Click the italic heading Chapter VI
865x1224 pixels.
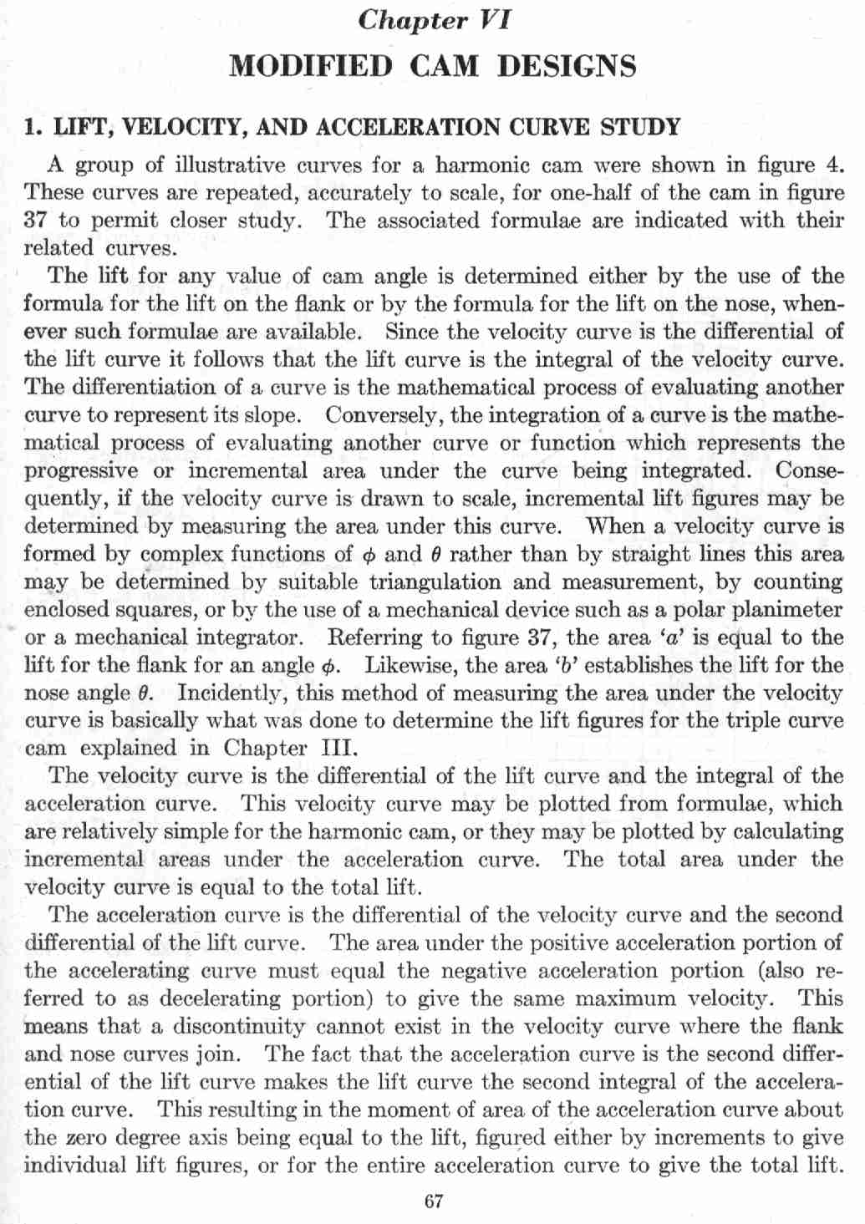click(x=433, y=20)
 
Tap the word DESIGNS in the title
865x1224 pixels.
click(x=567, y=65)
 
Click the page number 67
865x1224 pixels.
click(x=433, y=1202)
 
